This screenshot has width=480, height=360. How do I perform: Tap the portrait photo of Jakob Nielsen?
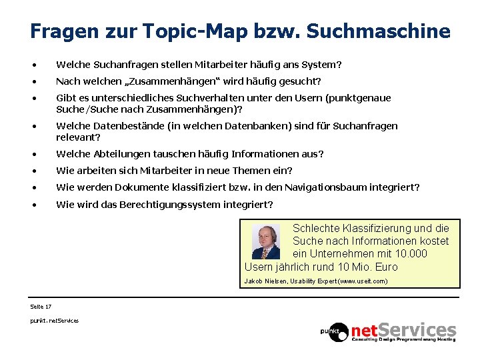point(266,241)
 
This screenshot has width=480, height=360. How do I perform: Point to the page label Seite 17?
point(41,306)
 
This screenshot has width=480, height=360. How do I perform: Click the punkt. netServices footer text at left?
point(54,321)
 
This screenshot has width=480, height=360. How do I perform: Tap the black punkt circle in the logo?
point(334,331)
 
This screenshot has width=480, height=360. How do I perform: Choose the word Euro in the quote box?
point(386,267)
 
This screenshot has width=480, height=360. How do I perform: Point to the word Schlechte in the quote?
point(317,228)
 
